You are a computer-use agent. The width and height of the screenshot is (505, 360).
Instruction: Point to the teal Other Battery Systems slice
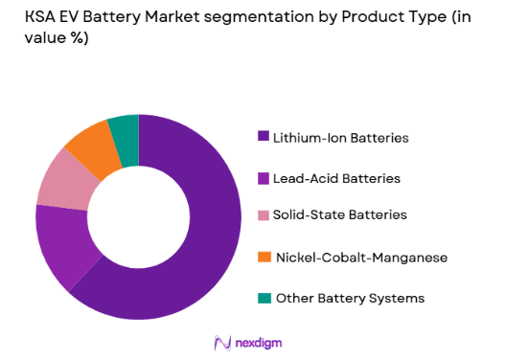(125, 129)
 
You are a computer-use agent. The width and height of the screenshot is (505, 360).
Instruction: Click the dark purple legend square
(264, 138)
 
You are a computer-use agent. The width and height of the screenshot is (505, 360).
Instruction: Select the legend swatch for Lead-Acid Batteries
(264, 178)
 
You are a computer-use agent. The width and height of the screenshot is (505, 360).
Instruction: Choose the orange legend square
(264, 259)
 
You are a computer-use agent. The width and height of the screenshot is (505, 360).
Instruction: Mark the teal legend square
(264, 299)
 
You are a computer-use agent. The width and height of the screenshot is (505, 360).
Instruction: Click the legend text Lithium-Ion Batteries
(341, 138)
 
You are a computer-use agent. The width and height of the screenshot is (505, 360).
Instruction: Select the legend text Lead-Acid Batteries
(337, 178)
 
